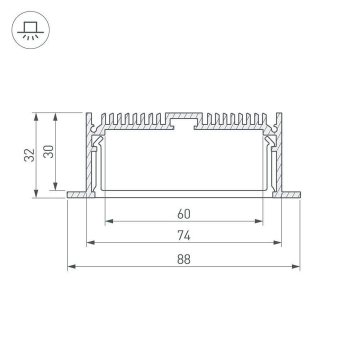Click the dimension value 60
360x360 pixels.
click(183, 214)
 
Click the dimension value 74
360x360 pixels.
click(183, 235)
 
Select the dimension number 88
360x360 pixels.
click(183, 259)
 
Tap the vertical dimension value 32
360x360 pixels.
click(29, 155)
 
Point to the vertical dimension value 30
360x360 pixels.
click(48, 151)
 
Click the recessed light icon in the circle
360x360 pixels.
click(29, 29)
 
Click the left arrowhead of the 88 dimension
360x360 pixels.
click(70, 267)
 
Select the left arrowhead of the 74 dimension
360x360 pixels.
click(90, 243)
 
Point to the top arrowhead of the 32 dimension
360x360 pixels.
click(35, 116)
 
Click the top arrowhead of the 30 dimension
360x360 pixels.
click(55, 116)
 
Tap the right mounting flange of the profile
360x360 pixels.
click(290, 194)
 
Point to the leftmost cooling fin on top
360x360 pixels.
click(104, 118)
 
